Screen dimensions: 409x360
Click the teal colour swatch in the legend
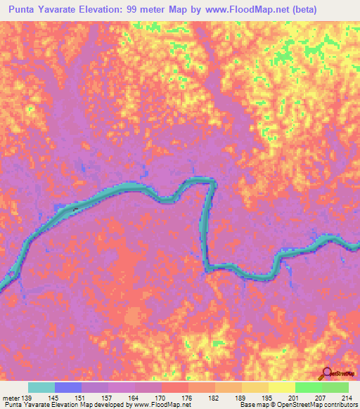(41, 387)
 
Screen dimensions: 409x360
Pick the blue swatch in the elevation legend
(68, 387)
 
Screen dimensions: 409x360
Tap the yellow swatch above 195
(255, 387)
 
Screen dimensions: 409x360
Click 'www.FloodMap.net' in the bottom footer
(153, 405)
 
